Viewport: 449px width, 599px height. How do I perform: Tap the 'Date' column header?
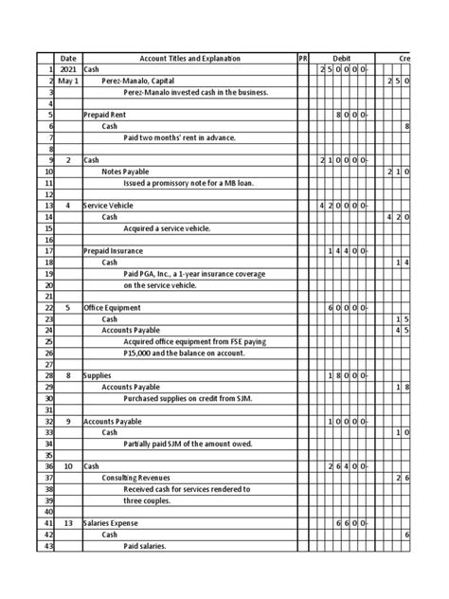[68, 59]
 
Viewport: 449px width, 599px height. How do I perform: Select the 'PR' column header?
[303, 59]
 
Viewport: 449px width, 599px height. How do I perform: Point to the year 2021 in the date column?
[68, 70]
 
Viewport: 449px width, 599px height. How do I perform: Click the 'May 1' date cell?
[68, 82]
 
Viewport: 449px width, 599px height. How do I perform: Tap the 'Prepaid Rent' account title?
[107, 115]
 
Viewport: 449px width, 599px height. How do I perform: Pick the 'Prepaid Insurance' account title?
[116, 251]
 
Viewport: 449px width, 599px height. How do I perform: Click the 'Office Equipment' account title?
[114, 308]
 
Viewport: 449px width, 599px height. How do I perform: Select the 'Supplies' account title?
[98, 376]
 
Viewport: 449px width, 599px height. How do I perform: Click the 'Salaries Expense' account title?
[113, 523]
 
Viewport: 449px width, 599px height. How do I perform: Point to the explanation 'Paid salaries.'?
[150, 546]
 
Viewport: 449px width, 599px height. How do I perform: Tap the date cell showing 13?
[68, 523]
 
